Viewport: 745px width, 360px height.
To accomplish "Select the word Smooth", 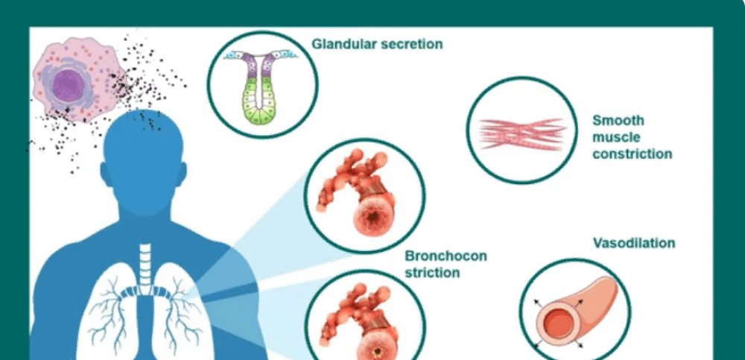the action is [618, 120].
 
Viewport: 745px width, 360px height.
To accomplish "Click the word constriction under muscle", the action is [632, 154].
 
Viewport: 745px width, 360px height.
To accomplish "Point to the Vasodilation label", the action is [634, 243].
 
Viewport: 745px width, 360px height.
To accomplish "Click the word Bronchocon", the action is [446, 256].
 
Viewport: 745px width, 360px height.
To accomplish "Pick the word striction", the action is [432, 273].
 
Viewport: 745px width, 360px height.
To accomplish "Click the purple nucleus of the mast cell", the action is [69, 86].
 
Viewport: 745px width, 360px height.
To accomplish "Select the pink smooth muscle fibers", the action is [522, 133].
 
